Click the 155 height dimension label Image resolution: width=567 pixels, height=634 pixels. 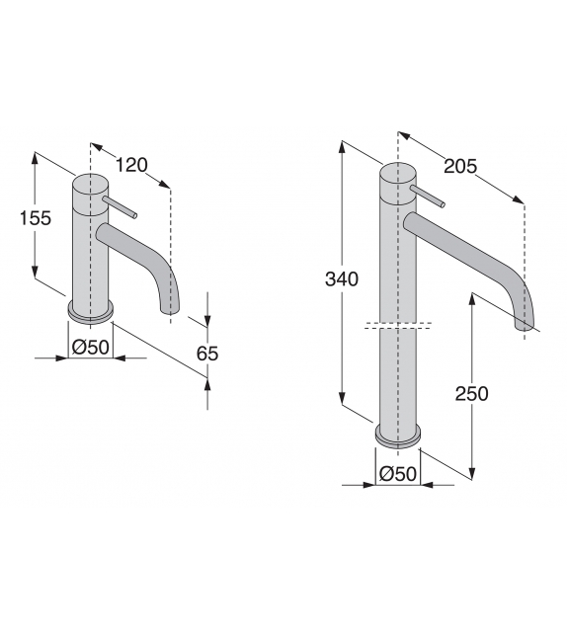click(x=36, y=219)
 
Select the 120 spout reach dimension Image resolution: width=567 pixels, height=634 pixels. click(x=134, y=166)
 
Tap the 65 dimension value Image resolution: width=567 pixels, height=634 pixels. click(x=206, y=354)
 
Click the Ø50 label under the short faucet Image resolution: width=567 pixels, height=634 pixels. click(x=90, y=346)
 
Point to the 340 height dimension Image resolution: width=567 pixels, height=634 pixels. click(x=341, y=279)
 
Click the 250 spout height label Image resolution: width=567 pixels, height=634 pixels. click(x=471, y=393)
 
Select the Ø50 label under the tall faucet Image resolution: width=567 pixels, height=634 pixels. click(x=397, y=473)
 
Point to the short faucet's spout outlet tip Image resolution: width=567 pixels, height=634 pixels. click(x=169, y=312)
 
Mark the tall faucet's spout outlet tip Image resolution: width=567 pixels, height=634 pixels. click(x=526, y=324)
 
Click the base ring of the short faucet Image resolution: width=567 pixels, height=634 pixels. click(x=91, y=313)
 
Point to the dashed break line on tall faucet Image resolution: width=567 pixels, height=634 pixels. click(x=398, y=326)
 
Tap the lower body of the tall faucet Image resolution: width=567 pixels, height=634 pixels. click(x=398, y=380)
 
